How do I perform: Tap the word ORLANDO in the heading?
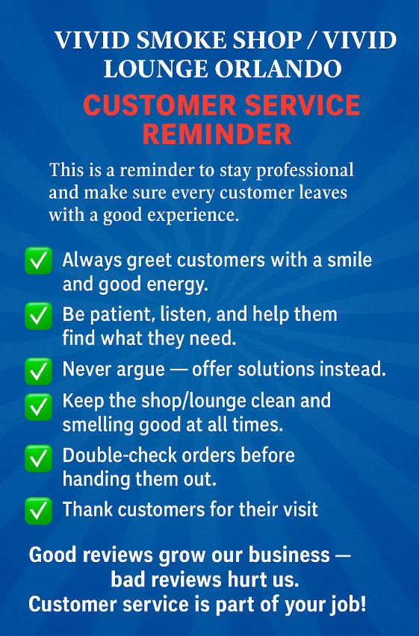pos(278,69)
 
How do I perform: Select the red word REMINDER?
pos(217,134)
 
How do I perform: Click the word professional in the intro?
pos(305,171)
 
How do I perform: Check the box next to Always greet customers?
pos(38,261)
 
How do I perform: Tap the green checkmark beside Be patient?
pos(38,316)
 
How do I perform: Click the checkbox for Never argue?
pos(38,371)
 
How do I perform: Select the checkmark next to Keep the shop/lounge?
pos(38,406)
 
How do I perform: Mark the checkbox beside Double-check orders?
pos(38,458)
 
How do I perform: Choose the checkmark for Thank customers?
pos(38,511)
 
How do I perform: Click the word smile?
pos(350,260)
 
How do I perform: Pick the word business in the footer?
pos(289,555)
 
